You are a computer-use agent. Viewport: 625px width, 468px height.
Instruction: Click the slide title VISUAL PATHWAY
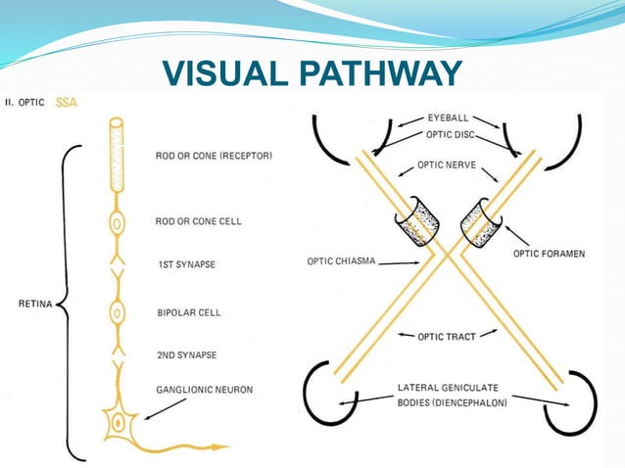(312, 73)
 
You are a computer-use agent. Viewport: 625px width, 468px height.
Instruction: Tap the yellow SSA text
(67, 102)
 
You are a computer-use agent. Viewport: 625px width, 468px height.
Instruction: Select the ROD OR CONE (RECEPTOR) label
(214, 156)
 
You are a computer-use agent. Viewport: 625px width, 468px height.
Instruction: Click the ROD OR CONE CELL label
(198, 221)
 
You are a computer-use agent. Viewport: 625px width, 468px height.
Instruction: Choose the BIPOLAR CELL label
(189, 313)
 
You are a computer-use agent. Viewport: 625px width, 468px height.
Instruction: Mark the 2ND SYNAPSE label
(187, 354)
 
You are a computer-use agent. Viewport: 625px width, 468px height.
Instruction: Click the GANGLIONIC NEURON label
(204, 390)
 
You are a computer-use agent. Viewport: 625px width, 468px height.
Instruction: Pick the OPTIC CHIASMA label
(339, 261)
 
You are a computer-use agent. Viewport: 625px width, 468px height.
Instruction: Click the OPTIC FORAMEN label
(549, 254)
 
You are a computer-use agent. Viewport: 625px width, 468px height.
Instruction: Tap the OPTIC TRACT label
(447, 337)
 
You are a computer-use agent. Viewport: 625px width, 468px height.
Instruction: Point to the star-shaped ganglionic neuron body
(119, 423)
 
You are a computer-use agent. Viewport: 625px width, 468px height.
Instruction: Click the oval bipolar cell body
(117, 313)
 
